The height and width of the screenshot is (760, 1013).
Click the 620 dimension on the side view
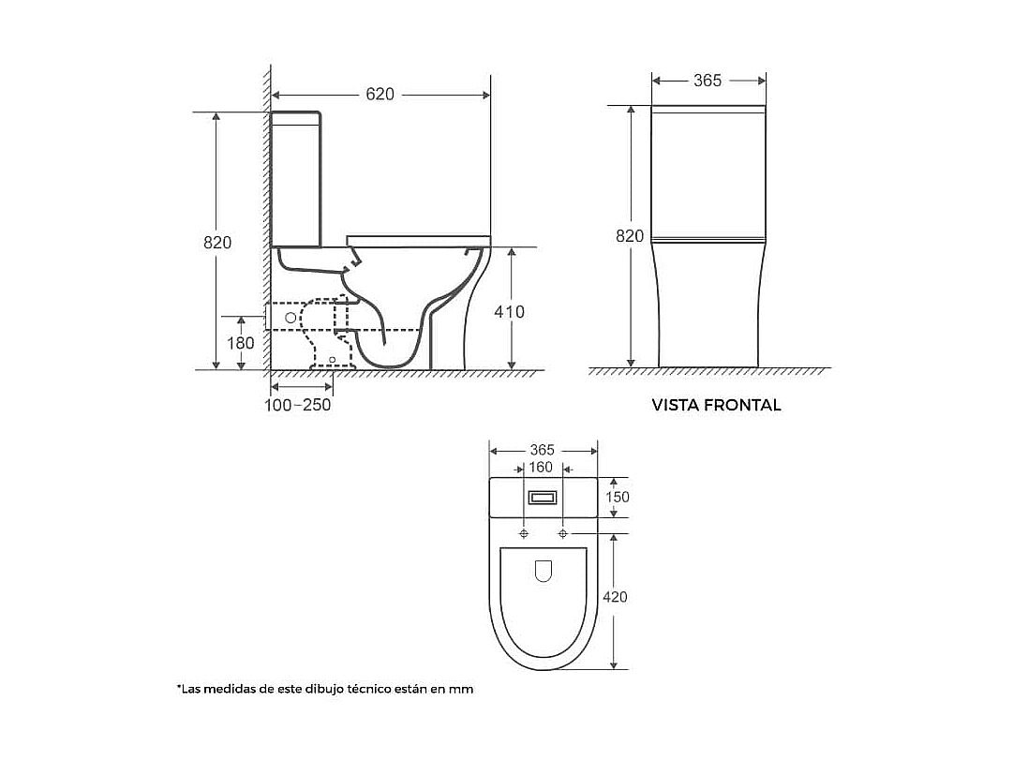[x=380, y=95]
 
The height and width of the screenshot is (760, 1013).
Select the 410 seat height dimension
[x=509, y=312]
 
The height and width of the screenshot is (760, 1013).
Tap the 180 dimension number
[x=240, y=343]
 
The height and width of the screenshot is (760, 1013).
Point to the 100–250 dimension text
[x=298, y=405]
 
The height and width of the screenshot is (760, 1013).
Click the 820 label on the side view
[x=217, y=243]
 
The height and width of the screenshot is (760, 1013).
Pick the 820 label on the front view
[x=629, y=236]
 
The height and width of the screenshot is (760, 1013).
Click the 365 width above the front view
[x=708, y=81]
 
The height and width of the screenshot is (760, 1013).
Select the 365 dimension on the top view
[x=542, y=451]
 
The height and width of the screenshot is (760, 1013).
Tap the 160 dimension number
[x=541, y=468]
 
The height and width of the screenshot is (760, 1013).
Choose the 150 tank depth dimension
[x=617, y=497]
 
